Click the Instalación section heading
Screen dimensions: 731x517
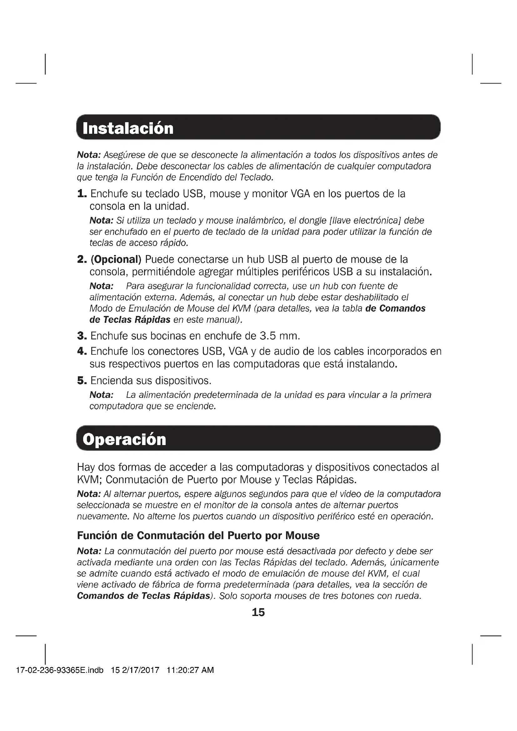point(128,128)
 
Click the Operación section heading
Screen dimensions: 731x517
point(124,439)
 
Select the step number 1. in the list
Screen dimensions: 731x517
point(82,194)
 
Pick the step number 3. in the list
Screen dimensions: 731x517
point(82,336)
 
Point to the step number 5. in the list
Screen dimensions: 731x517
point(82,380)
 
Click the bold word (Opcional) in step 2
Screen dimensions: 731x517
point(116,259)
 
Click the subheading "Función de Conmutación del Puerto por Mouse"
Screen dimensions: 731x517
point(198,536)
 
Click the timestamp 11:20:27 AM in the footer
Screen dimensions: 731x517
point(190,670)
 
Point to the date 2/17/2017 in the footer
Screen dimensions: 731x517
point(140,670)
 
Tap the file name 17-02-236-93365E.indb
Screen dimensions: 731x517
point(60,670)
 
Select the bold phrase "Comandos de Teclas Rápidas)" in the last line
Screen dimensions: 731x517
point(145,596)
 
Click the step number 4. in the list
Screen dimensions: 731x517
point(82,351)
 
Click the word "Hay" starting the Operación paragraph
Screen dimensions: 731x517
point(86,467)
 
